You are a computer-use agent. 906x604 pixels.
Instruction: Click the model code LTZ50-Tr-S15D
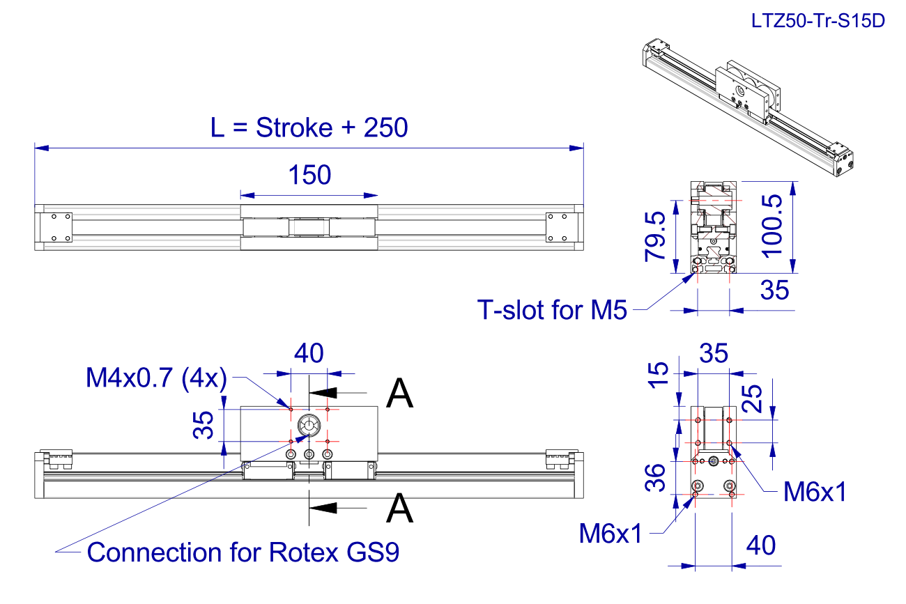click(817, 21)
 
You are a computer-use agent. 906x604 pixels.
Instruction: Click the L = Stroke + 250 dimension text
click(309, 128)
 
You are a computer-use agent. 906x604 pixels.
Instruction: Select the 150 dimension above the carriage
click(309, 176)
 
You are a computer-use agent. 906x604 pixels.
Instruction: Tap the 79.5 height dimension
click(656, 238)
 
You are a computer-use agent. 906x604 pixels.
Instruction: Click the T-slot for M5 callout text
click(551, 309)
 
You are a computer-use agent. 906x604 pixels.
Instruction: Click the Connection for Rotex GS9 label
click(244, 552)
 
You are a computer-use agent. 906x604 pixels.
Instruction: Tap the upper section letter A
click(399, 394)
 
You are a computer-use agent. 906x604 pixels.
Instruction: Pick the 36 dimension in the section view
click(657, 479)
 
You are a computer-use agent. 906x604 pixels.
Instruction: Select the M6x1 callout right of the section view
click(814, 493)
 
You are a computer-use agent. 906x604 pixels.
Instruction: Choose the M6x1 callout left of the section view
click(610, 534)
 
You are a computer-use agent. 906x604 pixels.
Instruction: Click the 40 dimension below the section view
click(760, 545)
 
